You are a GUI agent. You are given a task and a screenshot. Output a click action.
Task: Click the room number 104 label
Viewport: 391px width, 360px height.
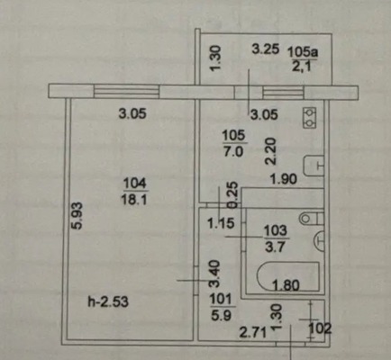click(135, 183)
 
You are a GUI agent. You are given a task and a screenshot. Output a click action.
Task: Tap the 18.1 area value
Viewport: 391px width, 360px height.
click(134, 199)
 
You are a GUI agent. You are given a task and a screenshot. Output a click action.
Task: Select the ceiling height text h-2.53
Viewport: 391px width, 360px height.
click(108, 301)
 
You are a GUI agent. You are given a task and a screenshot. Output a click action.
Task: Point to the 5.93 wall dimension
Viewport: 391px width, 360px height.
click(77, 216)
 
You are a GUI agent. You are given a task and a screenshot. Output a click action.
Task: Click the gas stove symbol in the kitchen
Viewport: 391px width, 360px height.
click(310, 118)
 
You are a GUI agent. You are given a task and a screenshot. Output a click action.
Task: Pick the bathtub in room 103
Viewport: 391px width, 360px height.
click(287, 276)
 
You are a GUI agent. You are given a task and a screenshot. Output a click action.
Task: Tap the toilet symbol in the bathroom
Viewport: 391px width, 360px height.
click(312, 218)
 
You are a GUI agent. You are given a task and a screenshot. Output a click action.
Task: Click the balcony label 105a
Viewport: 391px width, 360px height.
click(303, 52)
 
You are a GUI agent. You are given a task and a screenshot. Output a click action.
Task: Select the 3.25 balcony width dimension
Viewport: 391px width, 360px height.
click(266, 49)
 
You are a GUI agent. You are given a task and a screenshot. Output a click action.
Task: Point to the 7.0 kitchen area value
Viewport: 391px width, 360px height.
click(233, 152)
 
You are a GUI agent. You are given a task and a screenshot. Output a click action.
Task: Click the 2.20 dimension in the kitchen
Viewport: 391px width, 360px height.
click(270, 151)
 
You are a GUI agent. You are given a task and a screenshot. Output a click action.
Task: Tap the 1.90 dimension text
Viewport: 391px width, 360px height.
click(284, 179)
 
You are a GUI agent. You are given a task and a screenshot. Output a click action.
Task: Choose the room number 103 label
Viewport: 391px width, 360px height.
click(276, 231)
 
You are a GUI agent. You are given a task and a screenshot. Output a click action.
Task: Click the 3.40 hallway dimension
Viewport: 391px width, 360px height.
click(215, 274)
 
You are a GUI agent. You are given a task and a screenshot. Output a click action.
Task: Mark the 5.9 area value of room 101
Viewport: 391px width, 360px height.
click(221, 316)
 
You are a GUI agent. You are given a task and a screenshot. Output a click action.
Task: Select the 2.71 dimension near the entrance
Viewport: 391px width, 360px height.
click(253, 332)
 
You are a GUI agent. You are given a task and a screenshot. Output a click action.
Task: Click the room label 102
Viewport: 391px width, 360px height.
click(320, 328)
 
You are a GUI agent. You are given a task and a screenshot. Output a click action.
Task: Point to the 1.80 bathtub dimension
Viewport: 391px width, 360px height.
click(286, 285)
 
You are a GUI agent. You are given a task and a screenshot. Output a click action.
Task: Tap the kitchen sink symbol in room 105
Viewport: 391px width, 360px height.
click(314, 166)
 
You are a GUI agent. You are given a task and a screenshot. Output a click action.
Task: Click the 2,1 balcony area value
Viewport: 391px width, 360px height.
click(301, 66)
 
